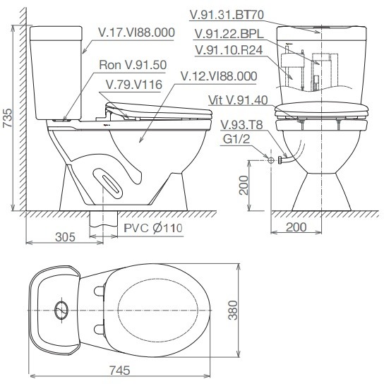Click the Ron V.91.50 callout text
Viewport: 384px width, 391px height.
(133, 64)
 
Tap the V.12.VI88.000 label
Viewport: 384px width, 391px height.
(218, 76)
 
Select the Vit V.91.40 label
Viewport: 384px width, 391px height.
(239, 100)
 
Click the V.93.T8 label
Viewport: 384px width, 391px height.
(236, 124)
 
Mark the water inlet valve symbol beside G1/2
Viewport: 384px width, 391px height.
(271, 161)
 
